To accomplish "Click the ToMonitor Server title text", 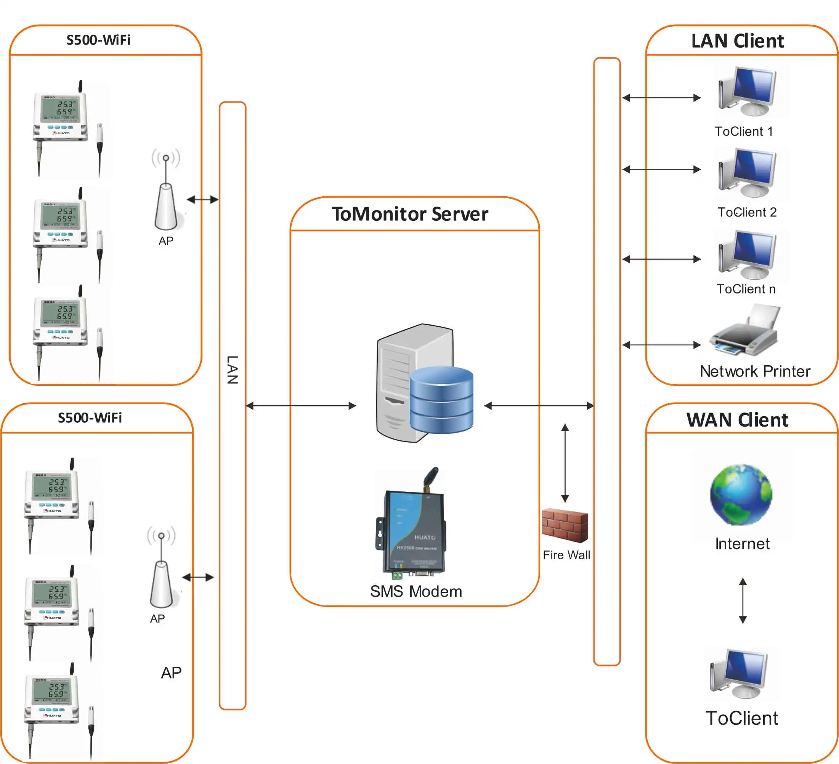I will pos(410,214).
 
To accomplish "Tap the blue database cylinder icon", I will pos(441,400).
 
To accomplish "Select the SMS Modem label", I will pos(416,591).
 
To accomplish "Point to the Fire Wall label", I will pos(566,555).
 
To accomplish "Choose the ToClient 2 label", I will pos(747,212).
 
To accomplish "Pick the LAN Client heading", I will pos(738,41).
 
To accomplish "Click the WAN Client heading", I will pos(738,420).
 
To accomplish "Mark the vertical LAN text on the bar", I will pos(232,369).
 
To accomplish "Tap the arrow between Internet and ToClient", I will pos(743,600).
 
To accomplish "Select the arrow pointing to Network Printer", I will pos(662,345).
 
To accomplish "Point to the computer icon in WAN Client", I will pos(739,674).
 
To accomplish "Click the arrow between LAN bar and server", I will pos(301,406).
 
